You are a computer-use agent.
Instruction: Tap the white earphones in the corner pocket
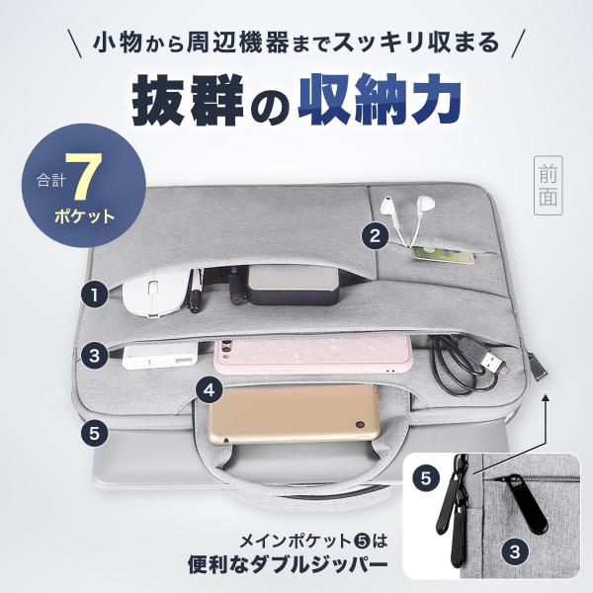[407, 218]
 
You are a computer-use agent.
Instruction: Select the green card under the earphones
[443, 255]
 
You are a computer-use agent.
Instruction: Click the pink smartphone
[313, 355]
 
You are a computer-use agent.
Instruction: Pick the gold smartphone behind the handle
[294, 414]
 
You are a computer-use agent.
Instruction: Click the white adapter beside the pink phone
[160, 356]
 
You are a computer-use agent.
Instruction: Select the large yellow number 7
[83, 177]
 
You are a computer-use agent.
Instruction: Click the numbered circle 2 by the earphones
[375, 236]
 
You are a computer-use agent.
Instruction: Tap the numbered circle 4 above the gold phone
[210, 389]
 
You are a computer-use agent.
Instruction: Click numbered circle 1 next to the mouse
[94, 295]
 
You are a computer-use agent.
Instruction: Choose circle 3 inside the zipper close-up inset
[515, 552]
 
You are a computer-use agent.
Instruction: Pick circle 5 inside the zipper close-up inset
[426, 478]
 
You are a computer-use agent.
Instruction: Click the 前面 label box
[548, 186]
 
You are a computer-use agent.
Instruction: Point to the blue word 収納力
[380, 99]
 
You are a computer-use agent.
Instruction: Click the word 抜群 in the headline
[187, 100]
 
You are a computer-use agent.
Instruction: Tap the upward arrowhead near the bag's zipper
[545, 398]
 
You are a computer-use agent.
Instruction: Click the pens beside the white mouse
[195, 291]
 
